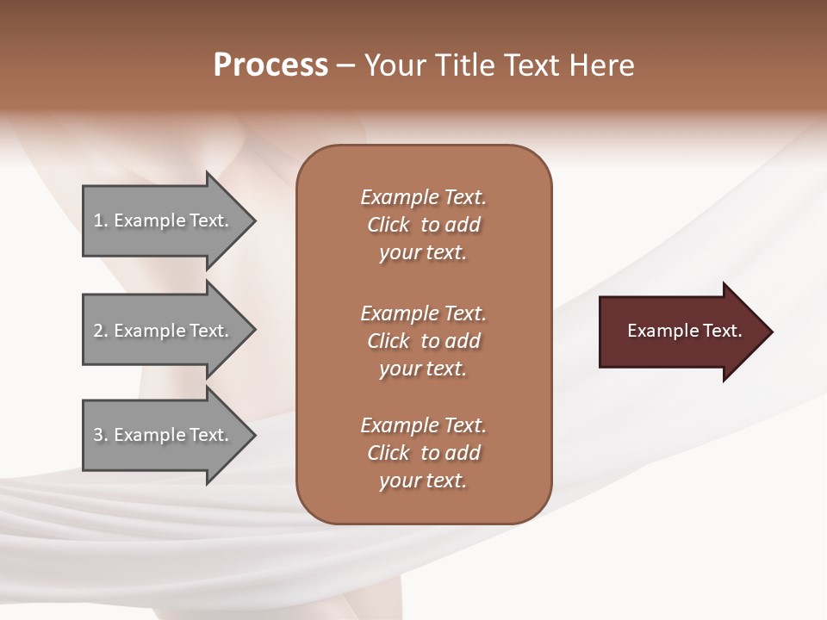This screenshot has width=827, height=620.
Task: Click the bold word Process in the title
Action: pyautogui.click(x=270, y=65)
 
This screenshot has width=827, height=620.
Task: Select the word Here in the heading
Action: pyautogui.click(x=602, y=65)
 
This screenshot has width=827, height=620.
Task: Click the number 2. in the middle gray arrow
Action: pyautogui.click(x=100, y=331)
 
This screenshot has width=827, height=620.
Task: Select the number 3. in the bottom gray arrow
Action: pyautogui.click(x=100, y=435)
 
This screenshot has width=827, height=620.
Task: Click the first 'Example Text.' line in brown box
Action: pyautogui.click(x=423, y=197)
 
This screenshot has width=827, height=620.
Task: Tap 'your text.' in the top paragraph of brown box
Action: pyautogui.click(x=423, y=252)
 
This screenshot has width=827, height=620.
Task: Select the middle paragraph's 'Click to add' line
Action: pyautogui.click(x=423, y=341)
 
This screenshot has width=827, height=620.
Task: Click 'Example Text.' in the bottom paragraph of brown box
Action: pyautogui.click(x=423, y=425)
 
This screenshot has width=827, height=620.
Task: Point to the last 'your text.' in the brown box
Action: pyautogui.click(x=423, y=480)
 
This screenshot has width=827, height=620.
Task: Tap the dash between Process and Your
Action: pyautogui.click(x=345, y=65)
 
